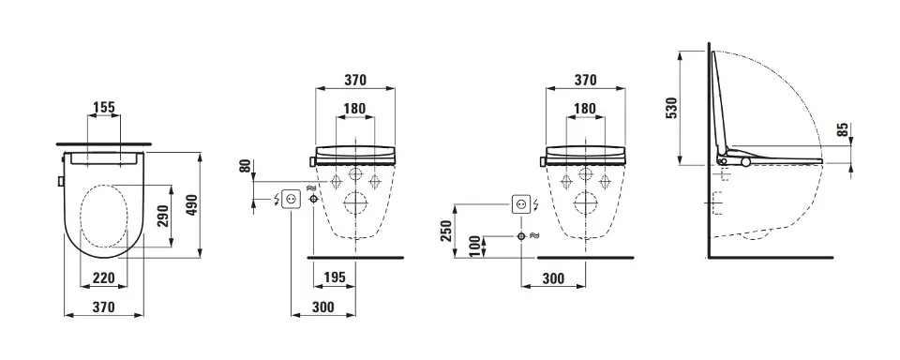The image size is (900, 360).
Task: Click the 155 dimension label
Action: (104, 107)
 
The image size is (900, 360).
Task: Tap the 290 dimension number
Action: (163, 216)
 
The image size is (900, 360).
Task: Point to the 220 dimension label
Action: (104, 278)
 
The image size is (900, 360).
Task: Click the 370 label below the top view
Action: (104, 307)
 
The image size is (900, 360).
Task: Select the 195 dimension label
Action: (335, 277)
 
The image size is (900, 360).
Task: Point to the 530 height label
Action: (671, 108)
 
